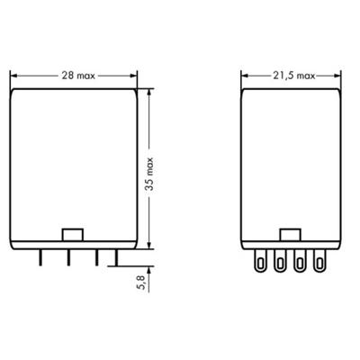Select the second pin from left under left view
[x=67, y=257]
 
